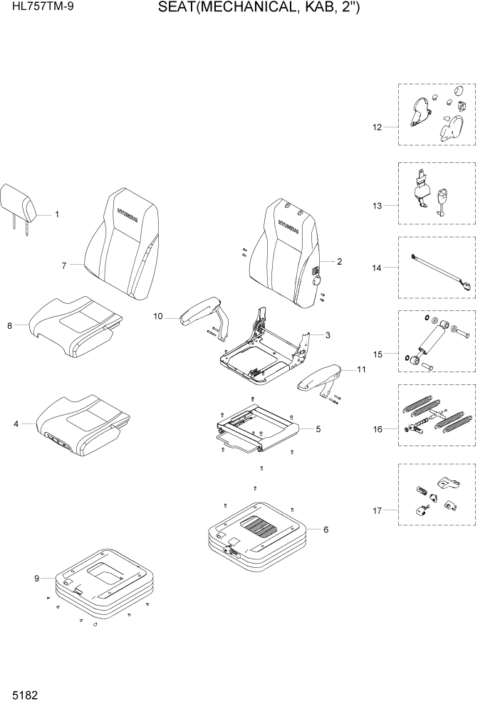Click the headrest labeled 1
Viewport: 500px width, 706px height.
coord(19,202)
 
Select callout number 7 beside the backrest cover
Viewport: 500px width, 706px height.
coord(63,265)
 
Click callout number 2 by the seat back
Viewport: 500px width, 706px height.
coord(339,262)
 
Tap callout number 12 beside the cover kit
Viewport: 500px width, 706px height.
coord(377,127)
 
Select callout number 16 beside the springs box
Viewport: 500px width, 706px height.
coord(377,429)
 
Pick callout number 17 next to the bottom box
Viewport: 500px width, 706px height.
coord(377,510)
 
